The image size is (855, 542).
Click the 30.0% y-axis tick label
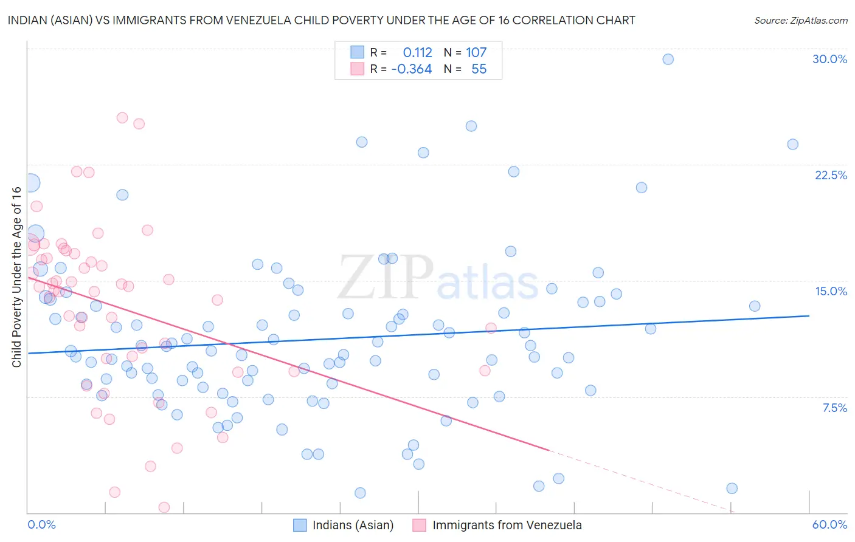[x=829, y=59]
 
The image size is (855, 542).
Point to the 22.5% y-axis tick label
[x=831, y=175]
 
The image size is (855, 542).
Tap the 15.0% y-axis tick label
[x=831, y=291]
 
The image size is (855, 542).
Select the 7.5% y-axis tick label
[x=834, y=408]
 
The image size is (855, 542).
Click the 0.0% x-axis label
[x=41, y=524]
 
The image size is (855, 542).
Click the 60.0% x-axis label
[x=829, y=524]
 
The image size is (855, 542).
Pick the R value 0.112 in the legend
[x=417, y=53]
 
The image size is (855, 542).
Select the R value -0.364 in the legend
[x=412, y=69]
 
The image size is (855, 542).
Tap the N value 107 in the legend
[x=476, y=53]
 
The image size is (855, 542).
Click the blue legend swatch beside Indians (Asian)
[x=300, y=525]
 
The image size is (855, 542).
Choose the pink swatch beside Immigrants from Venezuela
[x=420, y=525]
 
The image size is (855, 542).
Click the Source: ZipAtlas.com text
[x=800, y=20]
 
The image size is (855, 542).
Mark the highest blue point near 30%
[x=668, y=59]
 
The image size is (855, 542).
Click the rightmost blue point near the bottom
[x=732, y=489]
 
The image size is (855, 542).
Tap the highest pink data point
[x=122, y=118]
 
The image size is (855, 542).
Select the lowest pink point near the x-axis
[x=164, y=507]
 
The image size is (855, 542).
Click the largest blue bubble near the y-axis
[x=30, y=182]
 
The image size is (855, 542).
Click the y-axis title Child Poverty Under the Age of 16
[x=16, y=276]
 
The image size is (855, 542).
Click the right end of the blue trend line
[x=809, y=316]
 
